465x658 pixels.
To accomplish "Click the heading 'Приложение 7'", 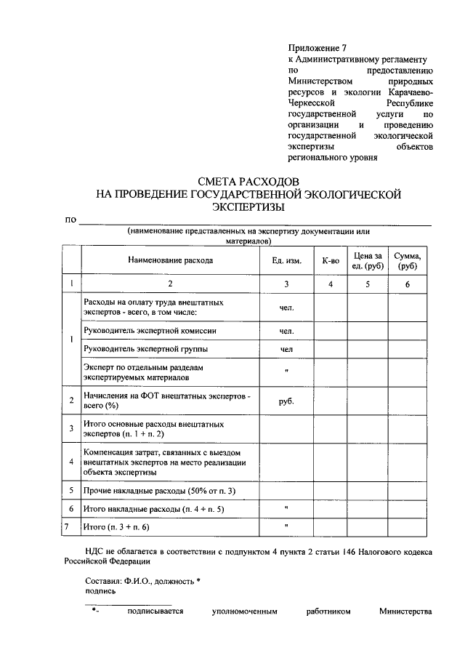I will tap(319, 48).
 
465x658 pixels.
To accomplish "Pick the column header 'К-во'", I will tap(330, 260).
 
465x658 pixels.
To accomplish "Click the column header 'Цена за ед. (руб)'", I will tap(368, 260).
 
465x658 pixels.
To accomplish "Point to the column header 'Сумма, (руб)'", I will tap(407, 260).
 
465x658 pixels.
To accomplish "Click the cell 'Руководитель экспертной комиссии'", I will tap(150, 331).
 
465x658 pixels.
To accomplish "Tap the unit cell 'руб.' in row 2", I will tap(286, 401).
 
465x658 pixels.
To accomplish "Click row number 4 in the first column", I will tap(71, 462).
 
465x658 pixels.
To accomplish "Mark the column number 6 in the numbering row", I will tap(407, 284).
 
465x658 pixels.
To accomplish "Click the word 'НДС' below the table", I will tap(95, 552).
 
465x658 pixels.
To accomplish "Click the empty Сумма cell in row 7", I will tap(407, 525).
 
